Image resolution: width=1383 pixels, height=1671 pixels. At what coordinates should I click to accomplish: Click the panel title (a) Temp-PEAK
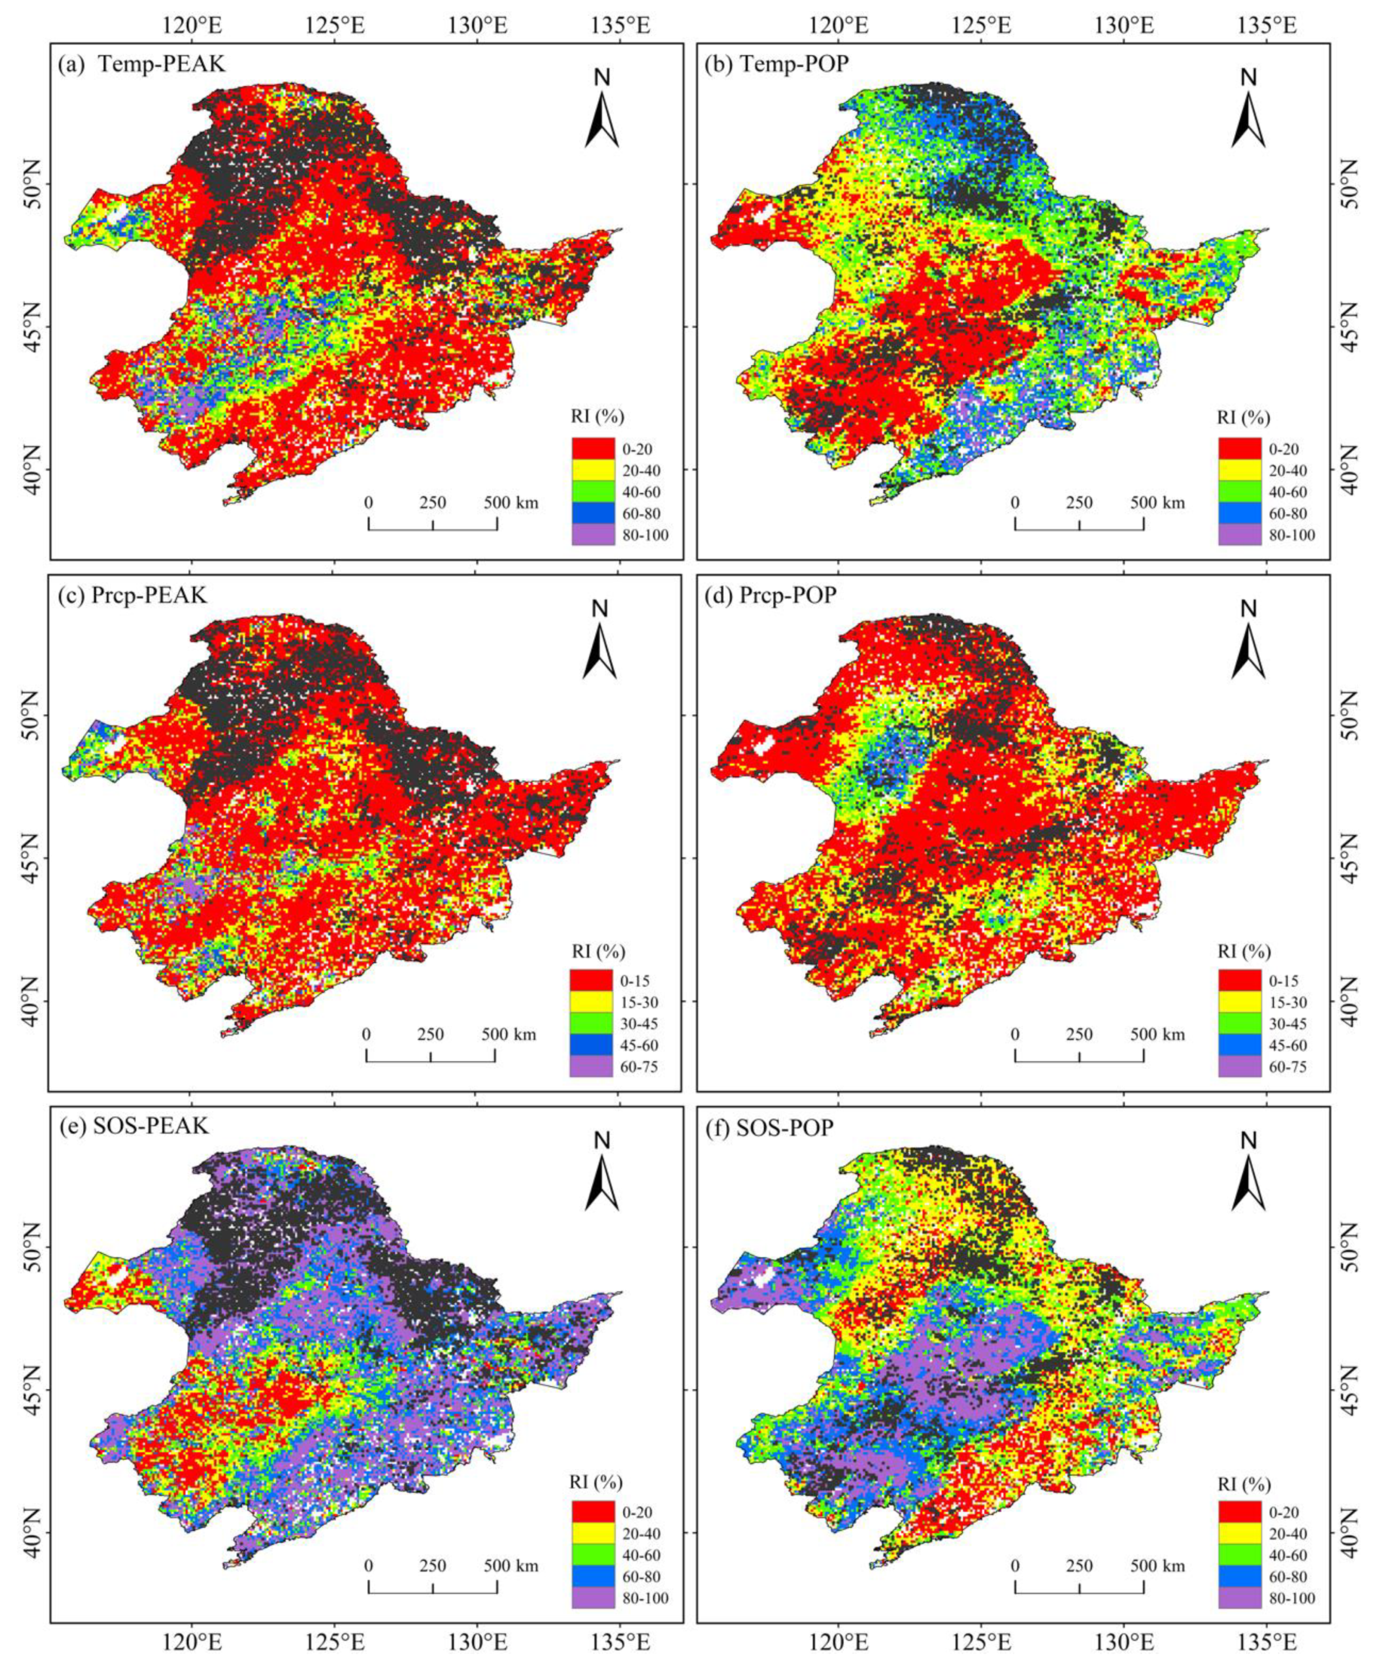coord(142,64)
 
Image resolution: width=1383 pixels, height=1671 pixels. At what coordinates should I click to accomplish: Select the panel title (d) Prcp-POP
coord(770,595)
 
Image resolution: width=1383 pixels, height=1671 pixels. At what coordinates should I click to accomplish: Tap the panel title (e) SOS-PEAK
coord(132,1126)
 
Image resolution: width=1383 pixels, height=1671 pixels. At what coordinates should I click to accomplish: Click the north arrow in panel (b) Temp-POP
coord(1248,111)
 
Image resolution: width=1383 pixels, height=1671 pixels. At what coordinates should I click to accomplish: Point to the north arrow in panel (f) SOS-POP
coord(1248,1175)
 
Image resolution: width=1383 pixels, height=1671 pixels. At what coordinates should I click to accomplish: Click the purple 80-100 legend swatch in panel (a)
coord(593,534)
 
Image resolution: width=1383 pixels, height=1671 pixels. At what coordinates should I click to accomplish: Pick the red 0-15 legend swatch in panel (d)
coord(1239,980)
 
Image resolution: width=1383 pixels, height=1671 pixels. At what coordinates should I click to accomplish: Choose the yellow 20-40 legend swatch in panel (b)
coord(1239,470)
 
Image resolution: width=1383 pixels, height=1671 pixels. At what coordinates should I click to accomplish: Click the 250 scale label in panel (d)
coord(1079,1034)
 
